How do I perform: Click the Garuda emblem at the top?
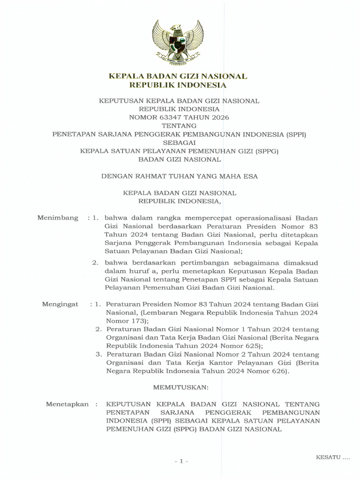coord(177,45)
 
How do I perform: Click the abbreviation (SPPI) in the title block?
coord(295,135)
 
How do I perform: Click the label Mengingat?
coord(60,304)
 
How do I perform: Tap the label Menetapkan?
coord(67,404)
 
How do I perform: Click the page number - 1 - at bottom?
coord(180,462)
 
